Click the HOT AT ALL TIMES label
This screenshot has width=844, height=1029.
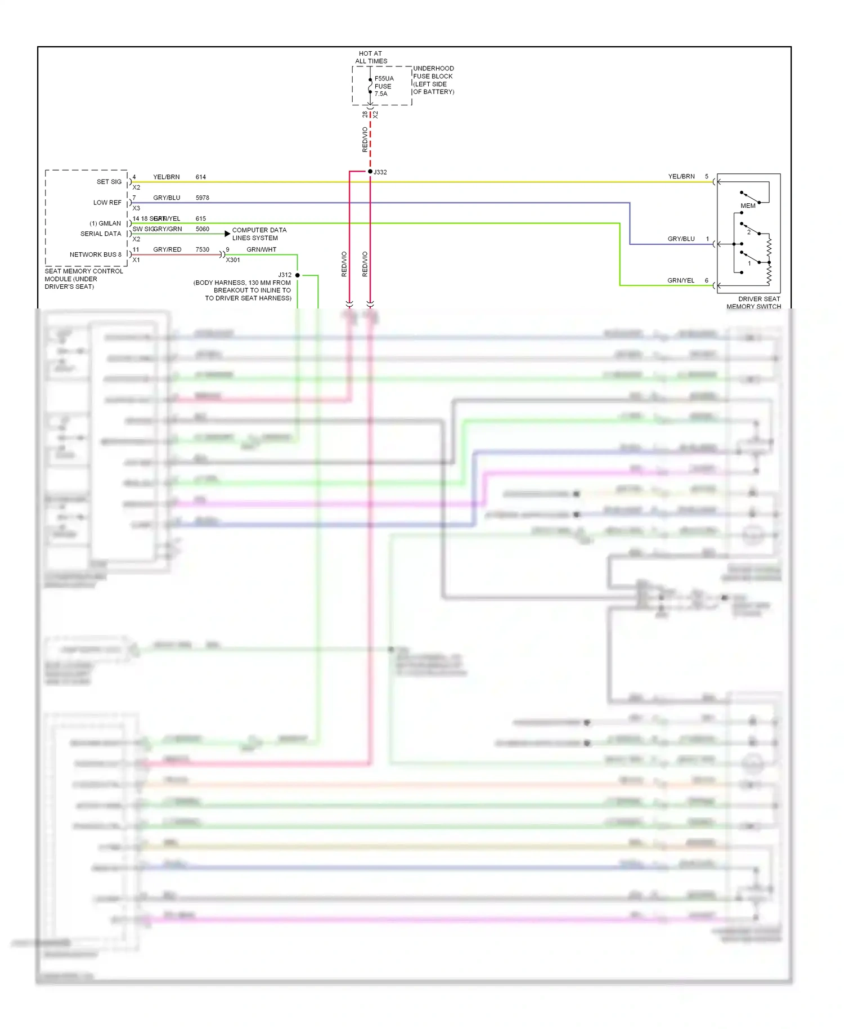(x=371, y=57)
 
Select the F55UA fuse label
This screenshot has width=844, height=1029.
(x=384, y=79)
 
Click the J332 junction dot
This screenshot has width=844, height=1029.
(x=370, y=171)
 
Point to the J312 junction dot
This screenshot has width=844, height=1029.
(x=298, y=275)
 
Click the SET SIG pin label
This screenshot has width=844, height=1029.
(x=109, y=182)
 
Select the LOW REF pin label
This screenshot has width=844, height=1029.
(x=107, y=203)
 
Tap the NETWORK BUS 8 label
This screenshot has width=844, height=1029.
(x=96, y=254)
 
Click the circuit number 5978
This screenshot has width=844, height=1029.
(x=203, y=198)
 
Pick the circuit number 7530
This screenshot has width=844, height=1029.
(x=203, y=249)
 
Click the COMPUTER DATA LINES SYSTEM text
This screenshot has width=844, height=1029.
(x=259, y=234)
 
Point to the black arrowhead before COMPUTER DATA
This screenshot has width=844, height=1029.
(x=227, y=234)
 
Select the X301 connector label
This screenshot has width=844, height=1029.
(x=233, y=260)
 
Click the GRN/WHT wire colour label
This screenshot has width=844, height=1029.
(x=262, y=249)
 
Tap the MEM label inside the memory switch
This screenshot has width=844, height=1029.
(x=748, y=206)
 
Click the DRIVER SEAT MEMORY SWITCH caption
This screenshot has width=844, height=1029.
(x=754, y=303)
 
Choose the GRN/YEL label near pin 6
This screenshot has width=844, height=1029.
(x=681, y=280)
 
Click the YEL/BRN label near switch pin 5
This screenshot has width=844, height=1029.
(x=681, y=177)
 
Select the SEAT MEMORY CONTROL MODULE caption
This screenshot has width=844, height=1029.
(x=83, y=279)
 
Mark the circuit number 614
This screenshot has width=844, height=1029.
(x=201, y=177)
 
